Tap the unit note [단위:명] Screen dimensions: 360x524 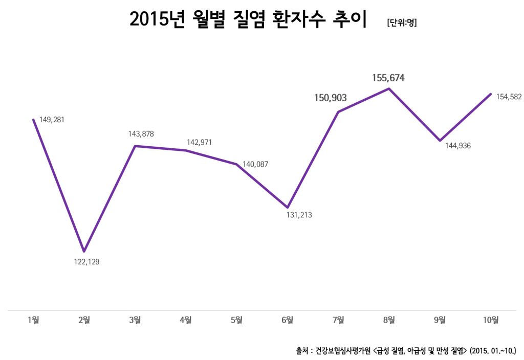point(402,22)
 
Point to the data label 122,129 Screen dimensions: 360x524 point(84,262)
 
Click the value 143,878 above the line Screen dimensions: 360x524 point(141,134)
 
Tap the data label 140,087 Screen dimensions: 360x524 point(255,164)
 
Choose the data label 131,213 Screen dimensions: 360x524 point(299,215)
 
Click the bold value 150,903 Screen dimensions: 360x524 point(331,98)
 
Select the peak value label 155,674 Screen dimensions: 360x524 point(388,78)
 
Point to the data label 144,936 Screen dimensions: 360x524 point(458,146)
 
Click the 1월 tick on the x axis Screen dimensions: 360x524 point(33,320)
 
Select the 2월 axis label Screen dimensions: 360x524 point(84,320)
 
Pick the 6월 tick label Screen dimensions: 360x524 point(288,320)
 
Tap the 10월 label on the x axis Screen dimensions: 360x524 point(491,320)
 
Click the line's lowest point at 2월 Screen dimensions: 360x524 point(84,251)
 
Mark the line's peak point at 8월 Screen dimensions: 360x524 point(389,88)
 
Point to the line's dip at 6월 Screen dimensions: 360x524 point(288,207)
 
